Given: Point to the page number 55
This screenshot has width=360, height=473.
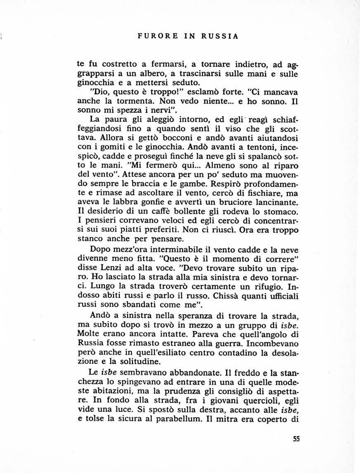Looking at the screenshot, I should [x=296, y=439].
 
